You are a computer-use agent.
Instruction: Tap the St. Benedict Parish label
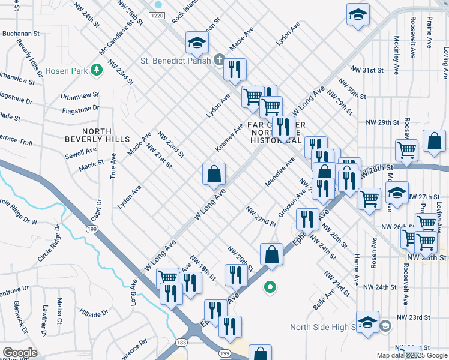175,60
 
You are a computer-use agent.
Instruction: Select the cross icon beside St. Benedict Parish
220,60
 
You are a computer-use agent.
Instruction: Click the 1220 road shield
158,15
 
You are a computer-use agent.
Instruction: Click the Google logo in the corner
20,353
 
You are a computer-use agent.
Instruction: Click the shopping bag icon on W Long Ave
214,175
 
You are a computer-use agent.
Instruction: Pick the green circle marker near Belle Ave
270,289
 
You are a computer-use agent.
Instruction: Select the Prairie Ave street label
429,35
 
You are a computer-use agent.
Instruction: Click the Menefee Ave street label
280,173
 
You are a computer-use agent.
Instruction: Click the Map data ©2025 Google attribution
412,355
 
